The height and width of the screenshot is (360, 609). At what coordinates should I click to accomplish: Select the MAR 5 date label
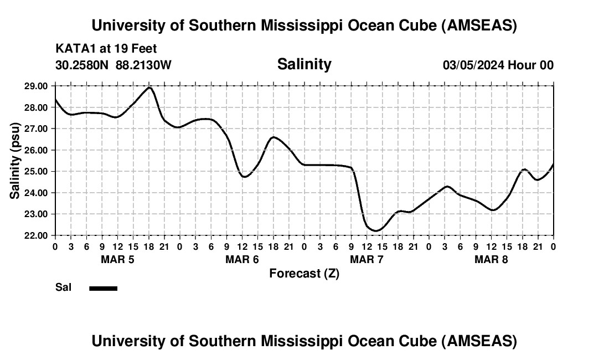(x=117, y=260)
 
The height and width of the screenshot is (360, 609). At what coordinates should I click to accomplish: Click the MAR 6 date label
(x=242, y=260)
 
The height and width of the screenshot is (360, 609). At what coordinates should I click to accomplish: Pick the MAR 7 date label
(x=367, y=260)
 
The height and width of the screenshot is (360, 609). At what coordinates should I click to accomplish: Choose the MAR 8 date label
(x=491, y=260)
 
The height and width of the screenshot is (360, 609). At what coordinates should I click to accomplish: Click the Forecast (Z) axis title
(x=304, y=273)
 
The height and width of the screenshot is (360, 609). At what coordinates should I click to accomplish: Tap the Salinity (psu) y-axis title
(x=15, y=161)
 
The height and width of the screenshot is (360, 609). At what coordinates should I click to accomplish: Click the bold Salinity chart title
(x=304, y=64)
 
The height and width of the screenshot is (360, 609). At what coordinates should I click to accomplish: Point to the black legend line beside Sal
(x=104, y=288)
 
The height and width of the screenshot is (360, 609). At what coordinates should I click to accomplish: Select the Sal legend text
(x=63, y=288)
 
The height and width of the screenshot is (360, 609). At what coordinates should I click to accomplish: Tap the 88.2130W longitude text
(x=143, y=65)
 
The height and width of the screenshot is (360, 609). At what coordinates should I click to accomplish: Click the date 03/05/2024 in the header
(x=473, y=65)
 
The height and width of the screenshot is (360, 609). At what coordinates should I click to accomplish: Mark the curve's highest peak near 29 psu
(x=149, y=88)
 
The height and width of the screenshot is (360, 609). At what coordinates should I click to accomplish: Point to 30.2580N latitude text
(x=82, y=65)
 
